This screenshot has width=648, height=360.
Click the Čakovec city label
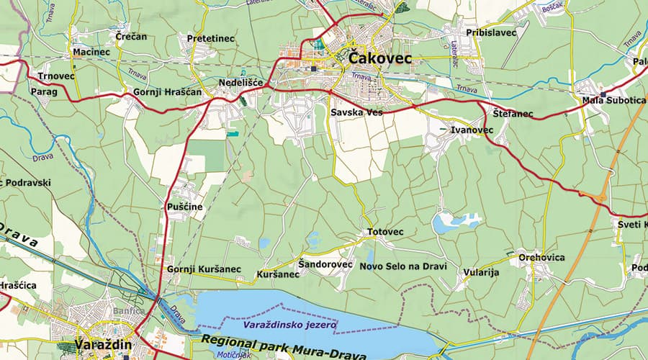(x=380, y=58)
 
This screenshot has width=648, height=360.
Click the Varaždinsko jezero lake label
(x=289, y=326)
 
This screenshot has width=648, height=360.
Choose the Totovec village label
(x=385, y=232)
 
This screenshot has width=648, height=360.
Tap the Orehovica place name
(x=541, y=257)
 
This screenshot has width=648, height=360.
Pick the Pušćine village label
(x=185, y=207)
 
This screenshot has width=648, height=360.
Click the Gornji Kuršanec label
(x=203, y=269)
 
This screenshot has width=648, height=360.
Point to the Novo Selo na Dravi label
(x=403, y=266)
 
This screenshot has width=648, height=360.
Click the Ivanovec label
(x=472, y=130)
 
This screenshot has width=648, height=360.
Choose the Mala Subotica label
(x=613, y=100)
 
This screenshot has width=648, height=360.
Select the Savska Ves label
(x=356, y=113)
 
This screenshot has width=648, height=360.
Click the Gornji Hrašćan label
(x=167, y=92)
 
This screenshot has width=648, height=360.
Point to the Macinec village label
(x=89, y=53)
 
